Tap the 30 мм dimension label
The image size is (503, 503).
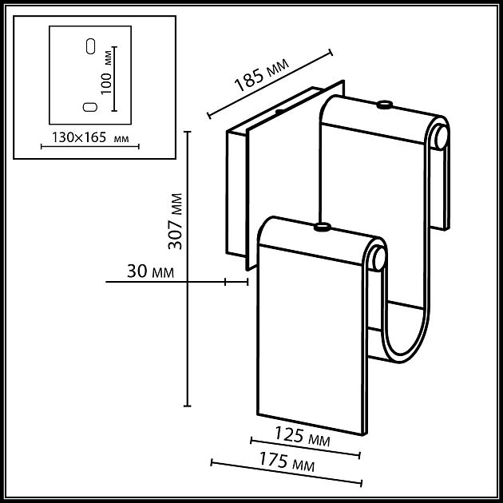tap(150, 271)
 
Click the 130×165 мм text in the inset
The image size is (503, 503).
tap(89, 137)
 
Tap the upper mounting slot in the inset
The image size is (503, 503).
tap(90, 46)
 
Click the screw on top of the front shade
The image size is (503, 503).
tap(323, 228)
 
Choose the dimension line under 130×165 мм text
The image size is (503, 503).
tap(89, 146)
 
